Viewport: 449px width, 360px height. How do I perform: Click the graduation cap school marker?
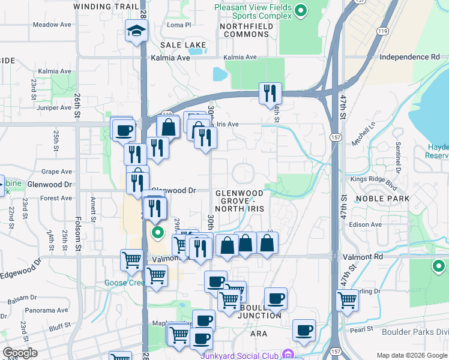point(137,30)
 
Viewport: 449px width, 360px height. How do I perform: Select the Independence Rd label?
point(409,57)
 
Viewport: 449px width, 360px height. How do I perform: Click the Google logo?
point(20,353)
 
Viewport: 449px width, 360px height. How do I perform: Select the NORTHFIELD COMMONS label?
point(246,30)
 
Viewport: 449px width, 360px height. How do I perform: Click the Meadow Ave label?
point(52,25)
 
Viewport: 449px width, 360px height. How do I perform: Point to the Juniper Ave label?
point(54,108)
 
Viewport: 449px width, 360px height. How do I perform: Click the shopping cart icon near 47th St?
point(347,299)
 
